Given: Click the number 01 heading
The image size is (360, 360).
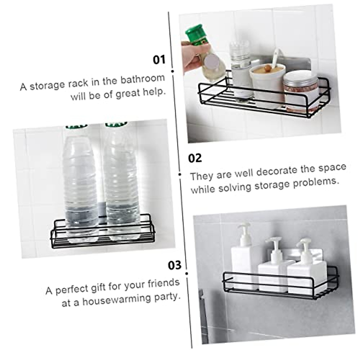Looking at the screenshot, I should pyautogui.click(x=159, y=59).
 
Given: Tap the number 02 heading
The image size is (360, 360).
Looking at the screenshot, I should pyautogui.click(x=195, y=158).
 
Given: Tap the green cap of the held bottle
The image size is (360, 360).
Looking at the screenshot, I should pyautogui.click(x=197, y=35).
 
